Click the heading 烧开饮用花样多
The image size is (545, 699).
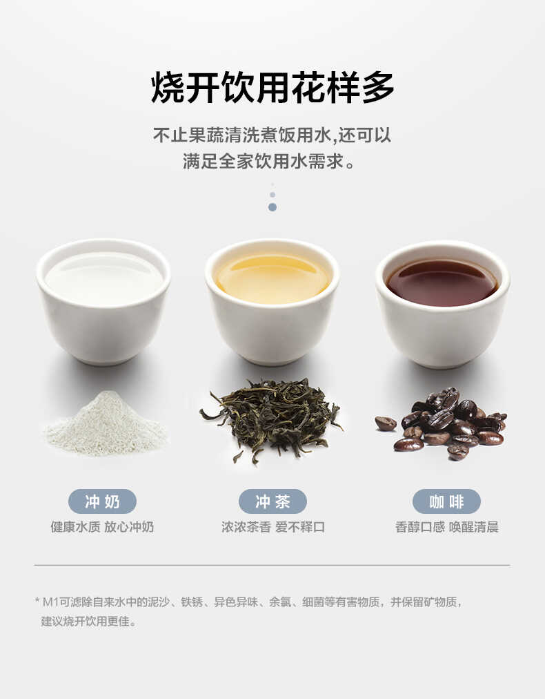coord(272,88)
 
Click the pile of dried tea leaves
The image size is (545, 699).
coord(271,417)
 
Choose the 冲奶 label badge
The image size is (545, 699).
coord(102,501)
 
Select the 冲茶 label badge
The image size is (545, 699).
coord(272,501)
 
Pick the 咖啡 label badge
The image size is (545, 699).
coord(446,501)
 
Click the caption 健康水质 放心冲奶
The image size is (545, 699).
coord(102,527)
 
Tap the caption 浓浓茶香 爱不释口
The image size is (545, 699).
coord(272,527)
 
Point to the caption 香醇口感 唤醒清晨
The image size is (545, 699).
coord(446,527)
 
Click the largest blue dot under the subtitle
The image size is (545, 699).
coord(272,207)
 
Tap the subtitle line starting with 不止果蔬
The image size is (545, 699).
coord(272,135)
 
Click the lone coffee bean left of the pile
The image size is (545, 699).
coord(386,423)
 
